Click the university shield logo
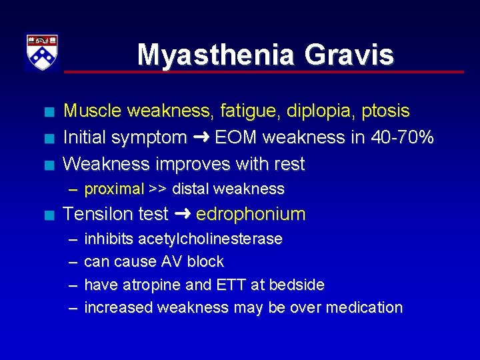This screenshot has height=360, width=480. [x=41, y=51]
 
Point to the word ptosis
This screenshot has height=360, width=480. [x=387, y=111]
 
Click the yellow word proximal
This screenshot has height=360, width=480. [x=114, y=189]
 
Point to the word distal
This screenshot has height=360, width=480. [x=191, y=189]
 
